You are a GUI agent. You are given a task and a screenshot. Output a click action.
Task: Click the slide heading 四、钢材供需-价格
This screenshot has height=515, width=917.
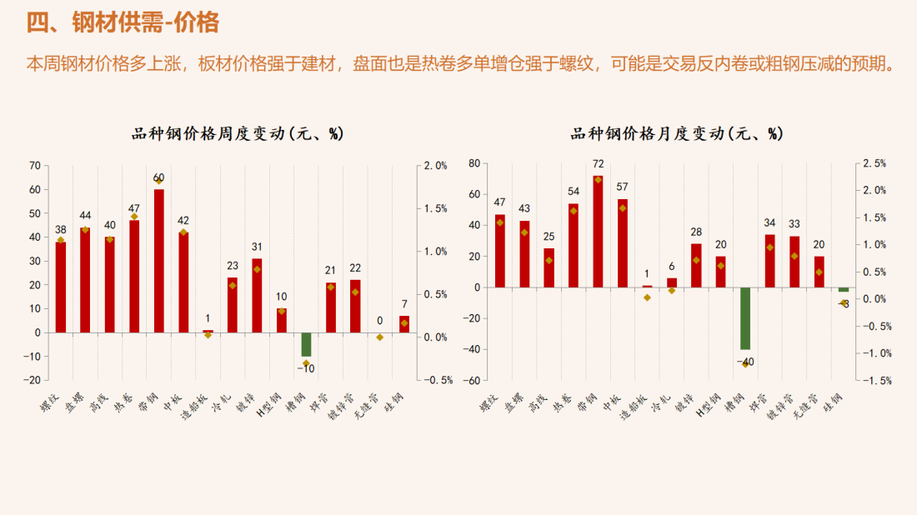pos(123,23)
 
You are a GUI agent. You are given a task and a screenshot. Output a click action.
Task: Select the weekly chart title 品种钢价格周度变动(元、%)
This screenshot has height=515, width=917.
pos(238,133)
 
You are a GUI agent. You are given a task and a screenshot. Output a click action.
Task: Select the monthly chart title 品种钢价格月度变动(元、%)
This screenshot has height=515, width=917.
pos(677,133)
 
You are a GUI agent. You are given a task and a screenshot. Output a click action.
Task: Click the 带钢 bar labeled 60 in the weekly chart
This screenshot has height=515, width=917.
pos(158,260)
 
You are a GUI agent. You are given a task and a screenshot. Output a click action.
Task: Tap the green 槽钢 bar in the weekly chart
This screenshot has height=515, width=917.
pos(306,344)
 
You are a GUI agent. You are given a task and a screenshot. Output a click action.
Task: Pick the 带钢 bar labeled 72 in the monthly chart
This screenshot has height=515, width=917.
pos(598,232)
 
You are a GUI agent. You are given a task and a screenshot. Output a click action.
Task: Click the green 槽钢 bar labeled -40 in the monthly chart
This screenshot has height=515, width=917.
pos(745,318)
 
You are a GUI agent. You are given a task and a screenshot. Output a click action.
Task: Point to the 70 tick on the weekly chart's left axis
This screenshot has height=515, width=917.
pos(34,166)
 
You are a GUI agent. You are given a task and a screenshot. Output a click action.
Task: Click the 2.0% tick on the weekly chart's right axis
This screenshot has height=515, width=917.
pos(435,166)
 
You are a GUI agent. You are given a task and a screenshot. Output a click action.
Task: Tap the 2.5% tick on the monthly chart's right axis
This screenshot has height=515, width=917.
pos(874,163)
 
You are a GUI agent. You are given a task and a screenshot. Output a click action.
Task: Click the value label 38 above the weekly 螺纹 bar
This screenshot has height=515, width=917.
pos(61,230)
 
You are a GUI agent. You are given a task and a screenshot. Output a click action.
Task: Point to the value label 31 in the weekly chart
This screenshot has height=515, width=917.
pos(257,247)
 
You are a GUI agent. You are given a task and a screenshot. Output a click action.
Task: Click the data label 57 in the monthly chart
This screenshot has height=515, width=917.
pos(622,187)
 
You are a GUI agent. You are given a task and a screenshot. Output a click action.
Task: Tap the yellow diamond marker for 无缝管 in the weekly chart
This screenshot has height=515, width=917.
pos(380,337)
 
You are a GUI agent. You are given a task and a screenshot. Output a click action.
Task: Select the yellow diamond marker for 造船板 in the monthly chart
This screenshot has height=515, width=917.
pos(647,297)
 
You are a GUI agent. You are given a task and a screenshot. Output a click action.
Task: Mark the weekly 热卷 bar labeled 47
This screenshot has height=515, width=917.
pos(134,276)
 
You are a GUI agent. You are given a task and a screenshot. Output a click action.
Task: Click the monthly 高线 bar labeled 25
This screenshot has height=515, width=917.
pos(549,267)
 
